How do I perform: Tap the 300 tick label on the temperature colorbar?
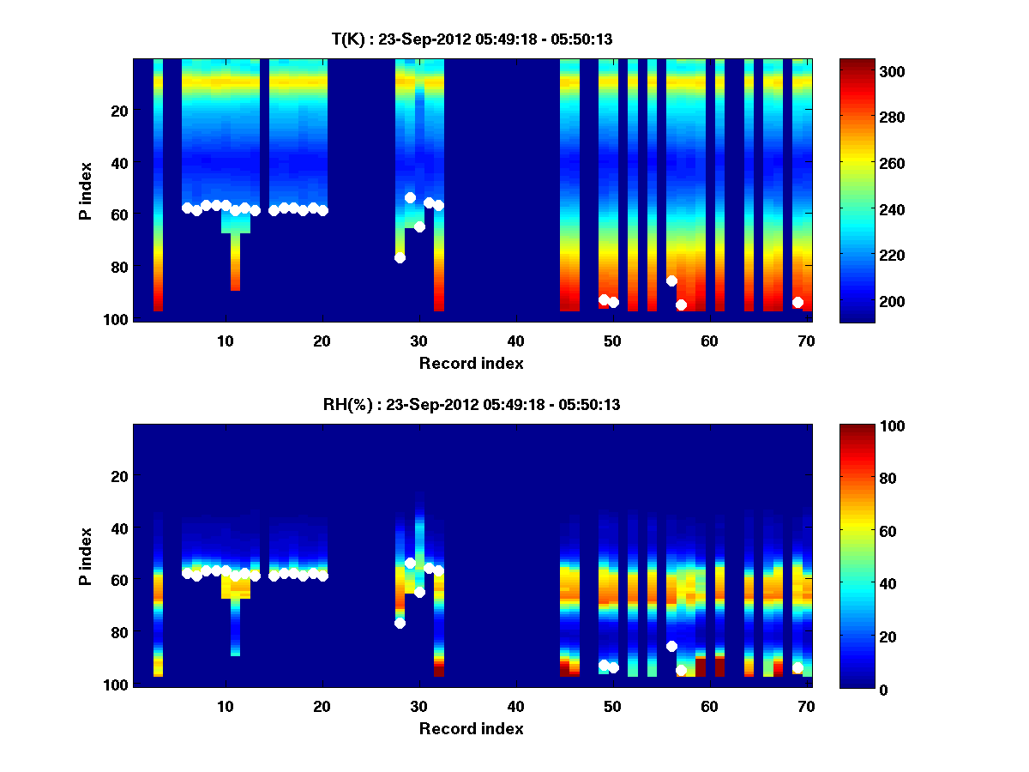click(867, 71)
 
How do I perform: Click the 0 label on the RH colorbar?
click(857, 689)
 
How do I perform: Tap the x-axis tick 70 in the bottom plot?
click(805, 706)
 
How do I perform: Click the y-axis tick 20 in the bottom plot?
click(119, 476)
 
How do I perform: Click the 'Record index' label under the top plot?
click(471, 363)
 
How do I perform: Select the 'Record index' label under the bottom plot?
click(471, 728)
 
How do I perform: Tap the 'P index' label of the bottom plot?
click(86, 557)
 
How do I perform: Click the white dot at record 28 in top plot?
click(400, 257)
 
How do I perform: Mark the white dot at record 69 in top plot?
click(797, 302)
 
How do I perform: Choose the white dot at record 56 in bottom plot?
click(671, 646)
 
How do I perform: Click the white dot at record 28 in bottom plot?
click(400, 623)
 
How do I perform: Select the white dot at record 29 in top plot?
click(410, 197)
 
